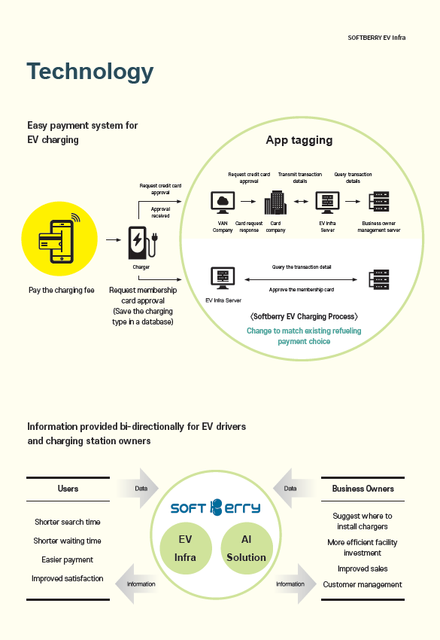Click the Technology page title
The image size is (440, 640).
click(x=90, y=72)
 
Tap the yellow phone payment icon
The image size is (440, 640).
click(x=59, y=239)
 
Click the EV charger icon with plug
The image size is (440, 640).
click(x=142, y=243)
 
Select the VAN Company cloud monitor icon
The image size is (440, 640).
click(x=223, y=203)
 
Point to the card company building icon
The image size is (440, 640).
click(x=276, y=203)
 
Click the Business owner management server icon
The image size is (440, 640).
click(x=379, y=202)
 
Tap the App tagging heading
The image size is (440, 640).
click(x=299, y=140)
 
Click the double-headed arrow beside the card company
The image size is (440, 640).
click(x=302, y=201)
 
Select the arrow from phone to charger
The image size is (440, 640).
click(x=114, y=239)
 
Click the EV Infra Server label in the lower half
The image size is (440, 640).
click(x=223, y=300)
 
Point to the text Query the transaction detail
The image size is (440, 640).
click(x=302, y=267)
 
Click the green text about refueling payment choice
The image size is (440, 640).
click(x=304, y=336)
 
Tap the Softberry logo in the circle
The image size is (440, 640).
click(x=215, y=507)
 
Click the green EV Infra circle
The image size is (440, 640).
click(x=186, y=548)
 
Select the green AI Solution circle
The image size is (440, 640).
click(x=246, y=548)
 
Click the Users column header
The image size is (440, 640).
click(x=68, y=489)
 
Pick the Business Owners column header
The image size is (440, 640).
click(x=363, y=489)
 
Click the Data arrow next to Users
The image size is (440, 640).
click(x=138, y=488)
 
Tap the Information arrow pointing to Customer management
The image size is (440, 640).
click(x=296, y=584)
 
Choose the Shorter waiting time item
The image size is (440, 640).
click(x=67, y=541)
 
